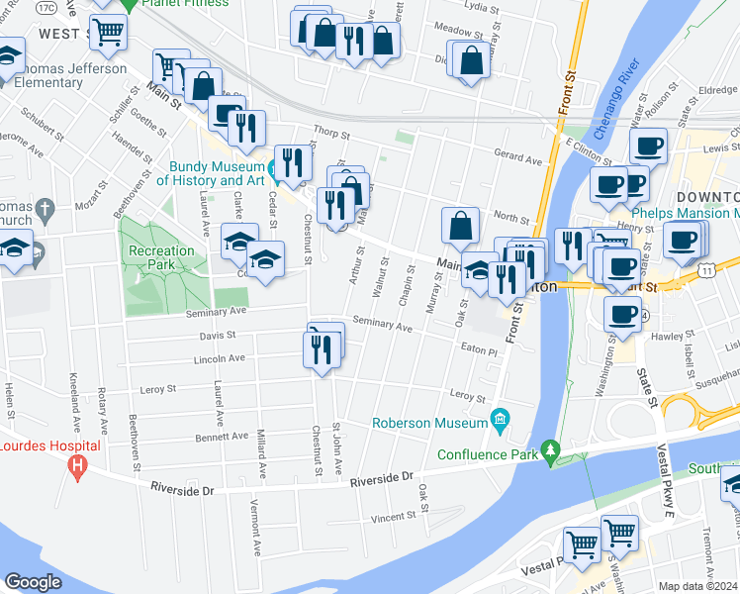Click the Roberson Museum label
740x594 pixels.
(x=429, y=424)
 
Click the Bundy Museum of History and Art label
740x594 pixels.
(x=204, y=173)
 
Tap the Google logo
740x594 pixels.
(x=33, y=582)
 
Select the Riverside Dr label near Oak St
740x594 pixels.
(x=381, y=480)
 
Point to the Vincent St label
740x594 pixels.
(x=393, y=517)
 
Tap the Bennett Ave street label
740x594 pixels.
(x=221, y=436)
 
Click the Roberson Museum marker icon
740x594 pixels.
(x=499, y=421)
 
